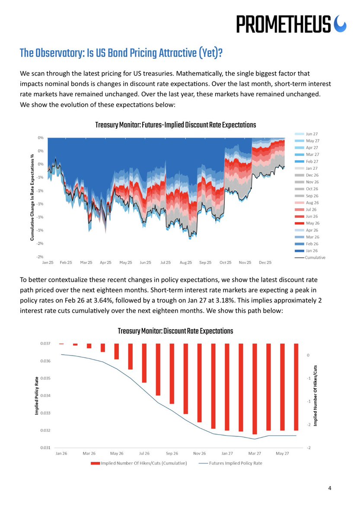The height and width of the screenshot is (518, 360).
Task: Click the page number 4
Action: click(330, 489)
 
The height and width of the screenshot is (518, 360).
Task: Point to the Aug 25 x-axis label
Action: click(186, 262)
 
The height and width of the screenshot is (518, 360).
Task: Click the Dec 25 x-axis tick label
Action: click(265, 262)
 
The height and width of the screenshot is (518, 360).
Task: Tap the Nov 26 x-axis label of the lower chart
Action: click(199, 454)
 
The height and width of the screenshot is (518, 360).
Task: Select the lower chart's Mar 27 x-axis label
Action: click(255, 454)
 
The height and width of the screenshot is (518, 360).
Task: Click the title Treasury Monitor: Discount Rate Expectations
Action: click(175, 331)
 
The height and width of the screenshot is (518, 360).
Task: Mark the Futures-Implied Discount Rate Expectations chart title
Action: click(175, 125)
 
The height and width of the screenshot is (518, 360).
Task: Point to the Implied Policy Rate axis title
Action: click(37, 396)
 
